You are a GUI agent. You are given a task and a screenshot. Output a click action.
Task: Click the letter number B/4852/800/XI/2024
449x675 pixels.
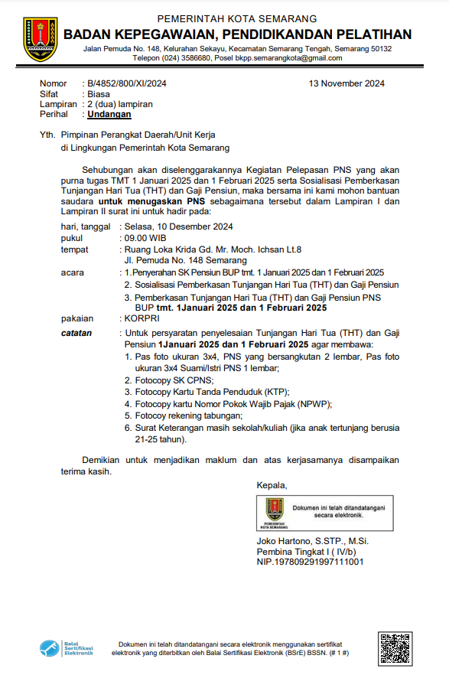127,83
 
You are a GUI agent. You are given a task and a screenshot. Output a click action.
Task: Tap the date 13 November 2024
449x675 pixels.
347,83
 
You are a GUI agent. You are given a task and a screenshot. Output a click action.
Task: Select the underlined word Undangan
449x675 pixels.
109,114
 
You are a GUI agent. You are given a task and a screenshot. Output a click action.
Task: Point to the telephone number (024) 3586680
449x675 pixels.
185,58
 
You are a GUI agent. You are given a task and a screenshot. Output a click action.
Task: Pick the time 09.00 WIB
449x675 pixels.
145,238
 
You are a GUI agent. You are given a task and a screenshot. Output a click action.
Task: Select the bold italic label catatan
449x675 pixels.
76,333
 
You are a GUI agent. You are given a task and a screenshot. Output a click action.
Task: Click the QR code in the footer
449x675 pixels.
395,647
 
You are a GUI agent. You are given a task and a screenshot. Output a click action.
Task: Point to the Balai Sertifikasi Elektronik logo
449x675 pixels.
67,647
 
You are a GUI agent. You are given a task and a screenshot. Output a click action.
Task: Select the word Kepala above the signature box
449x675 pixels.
272,484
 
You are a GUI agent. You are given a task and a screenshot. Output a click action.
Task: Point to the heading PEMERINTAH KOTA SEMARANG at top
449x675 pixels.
237,18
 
